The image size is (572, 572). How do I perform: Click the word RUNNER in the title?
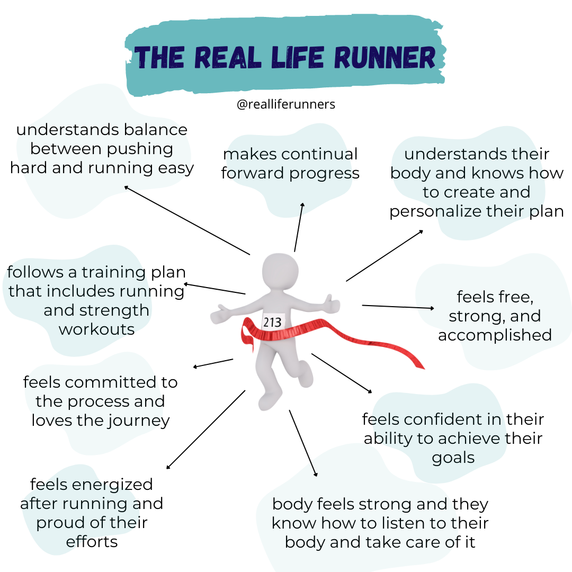click(x=375, y=58)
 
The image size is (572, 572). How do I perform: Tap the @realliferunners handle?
click(x=286, y=104)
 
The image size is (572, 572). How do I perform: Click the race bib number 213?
click(x=272, y=321)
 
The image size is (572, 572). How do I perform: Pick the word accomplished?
click(x=495, y=335)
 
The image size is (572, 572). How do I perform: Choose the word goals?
click(x=453, y=458)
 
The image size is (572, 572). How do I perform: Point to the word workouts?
click(x=96, y=329)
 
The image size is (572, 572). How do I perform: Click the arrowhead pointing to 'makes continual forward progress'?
click(x=303, y=204)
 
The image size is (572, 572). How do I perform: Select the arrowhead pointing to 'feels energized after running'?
click(x=168, y=467)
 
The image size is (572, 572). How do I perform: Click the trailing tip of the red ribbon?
click(x=422, y=367)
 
